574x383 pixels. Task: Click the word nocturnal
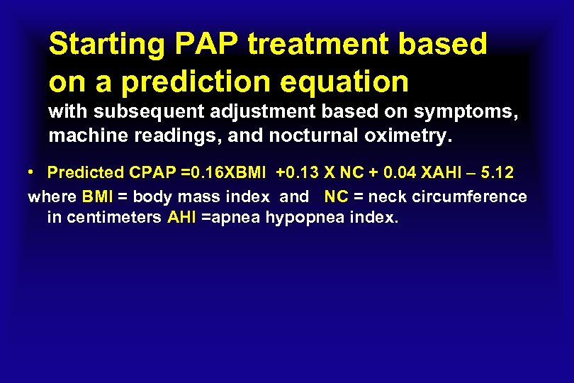[x=307, y=135]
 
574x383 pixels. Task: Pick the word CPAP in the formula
[x=147, y=174]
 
